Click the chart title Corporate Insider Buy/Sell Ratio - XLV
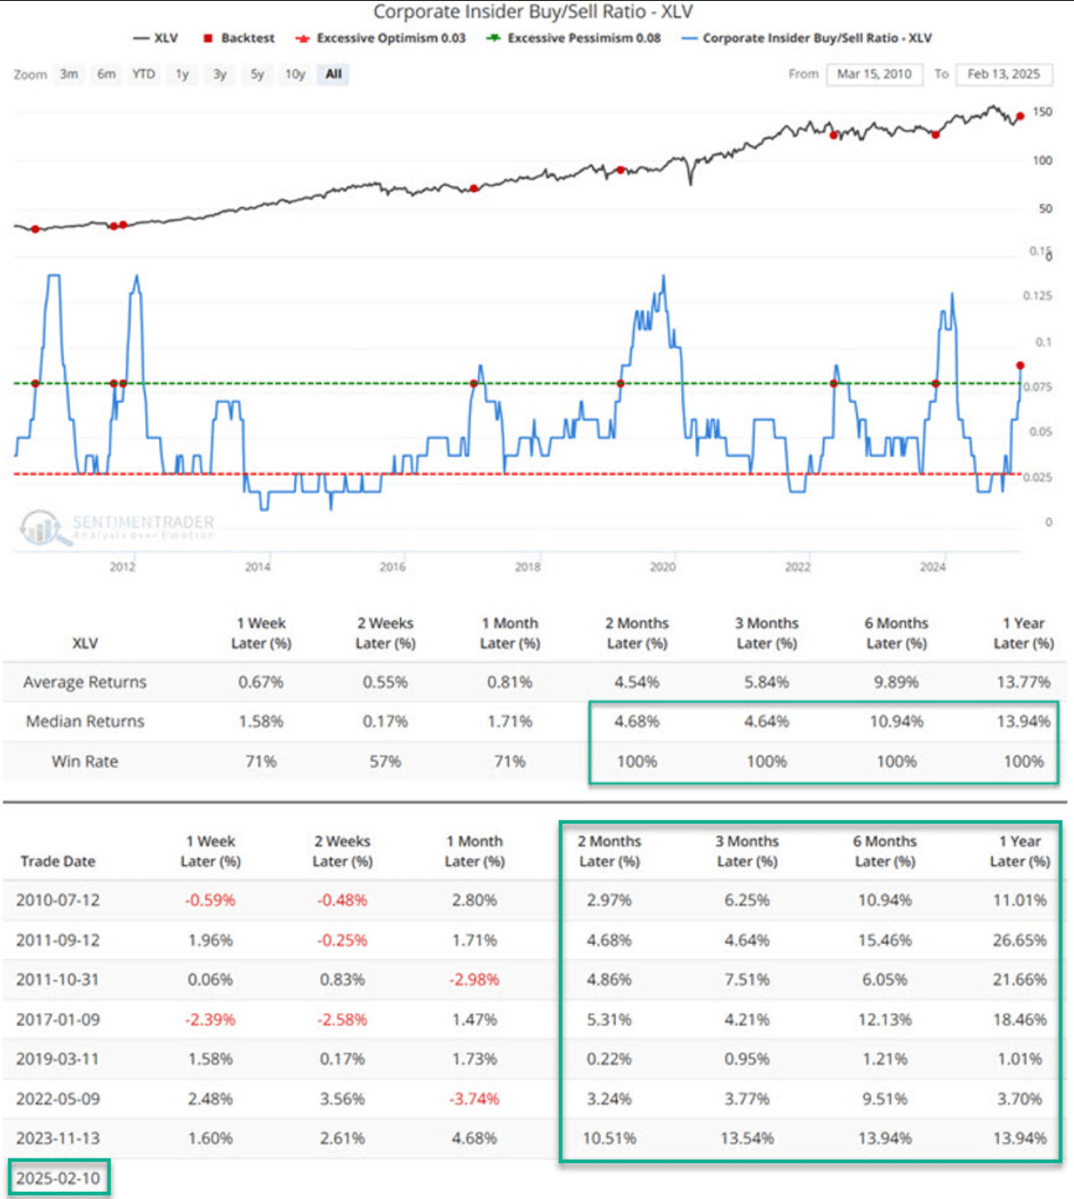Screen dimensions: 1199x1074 532,13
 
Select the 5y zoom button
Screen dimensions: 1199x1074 257,74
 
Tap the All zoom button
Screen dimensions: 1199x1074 334,74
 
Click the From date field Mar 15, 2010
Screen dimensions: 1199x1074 874,74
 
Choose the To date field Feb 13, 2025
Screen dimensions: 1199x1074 1004,74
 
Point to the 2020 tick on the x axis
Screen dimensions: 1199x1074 662,567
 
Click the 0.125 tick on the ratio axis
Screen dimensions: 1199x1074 1037,296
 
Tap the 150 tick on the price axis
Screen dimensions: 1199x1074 1042,112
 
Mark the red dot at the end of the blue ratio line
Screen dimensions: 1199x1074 1020,366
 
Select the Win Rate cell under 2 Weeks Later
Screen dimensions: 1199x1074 385,761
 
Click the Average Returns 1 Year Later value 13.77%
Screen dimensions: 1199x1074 1023,682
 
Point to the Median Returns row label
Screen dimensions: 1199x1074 85,721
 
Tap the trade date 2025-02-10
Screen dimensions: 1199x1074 59,1178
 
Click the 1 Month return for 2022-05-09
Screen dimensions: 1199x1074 474,1099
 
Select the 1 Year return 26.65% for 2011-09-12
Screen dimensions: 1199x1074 1019,940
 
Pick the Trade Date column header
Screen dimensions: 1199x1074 58,861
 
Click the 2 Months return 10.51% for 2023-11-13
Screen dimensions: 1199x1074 609,1139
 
